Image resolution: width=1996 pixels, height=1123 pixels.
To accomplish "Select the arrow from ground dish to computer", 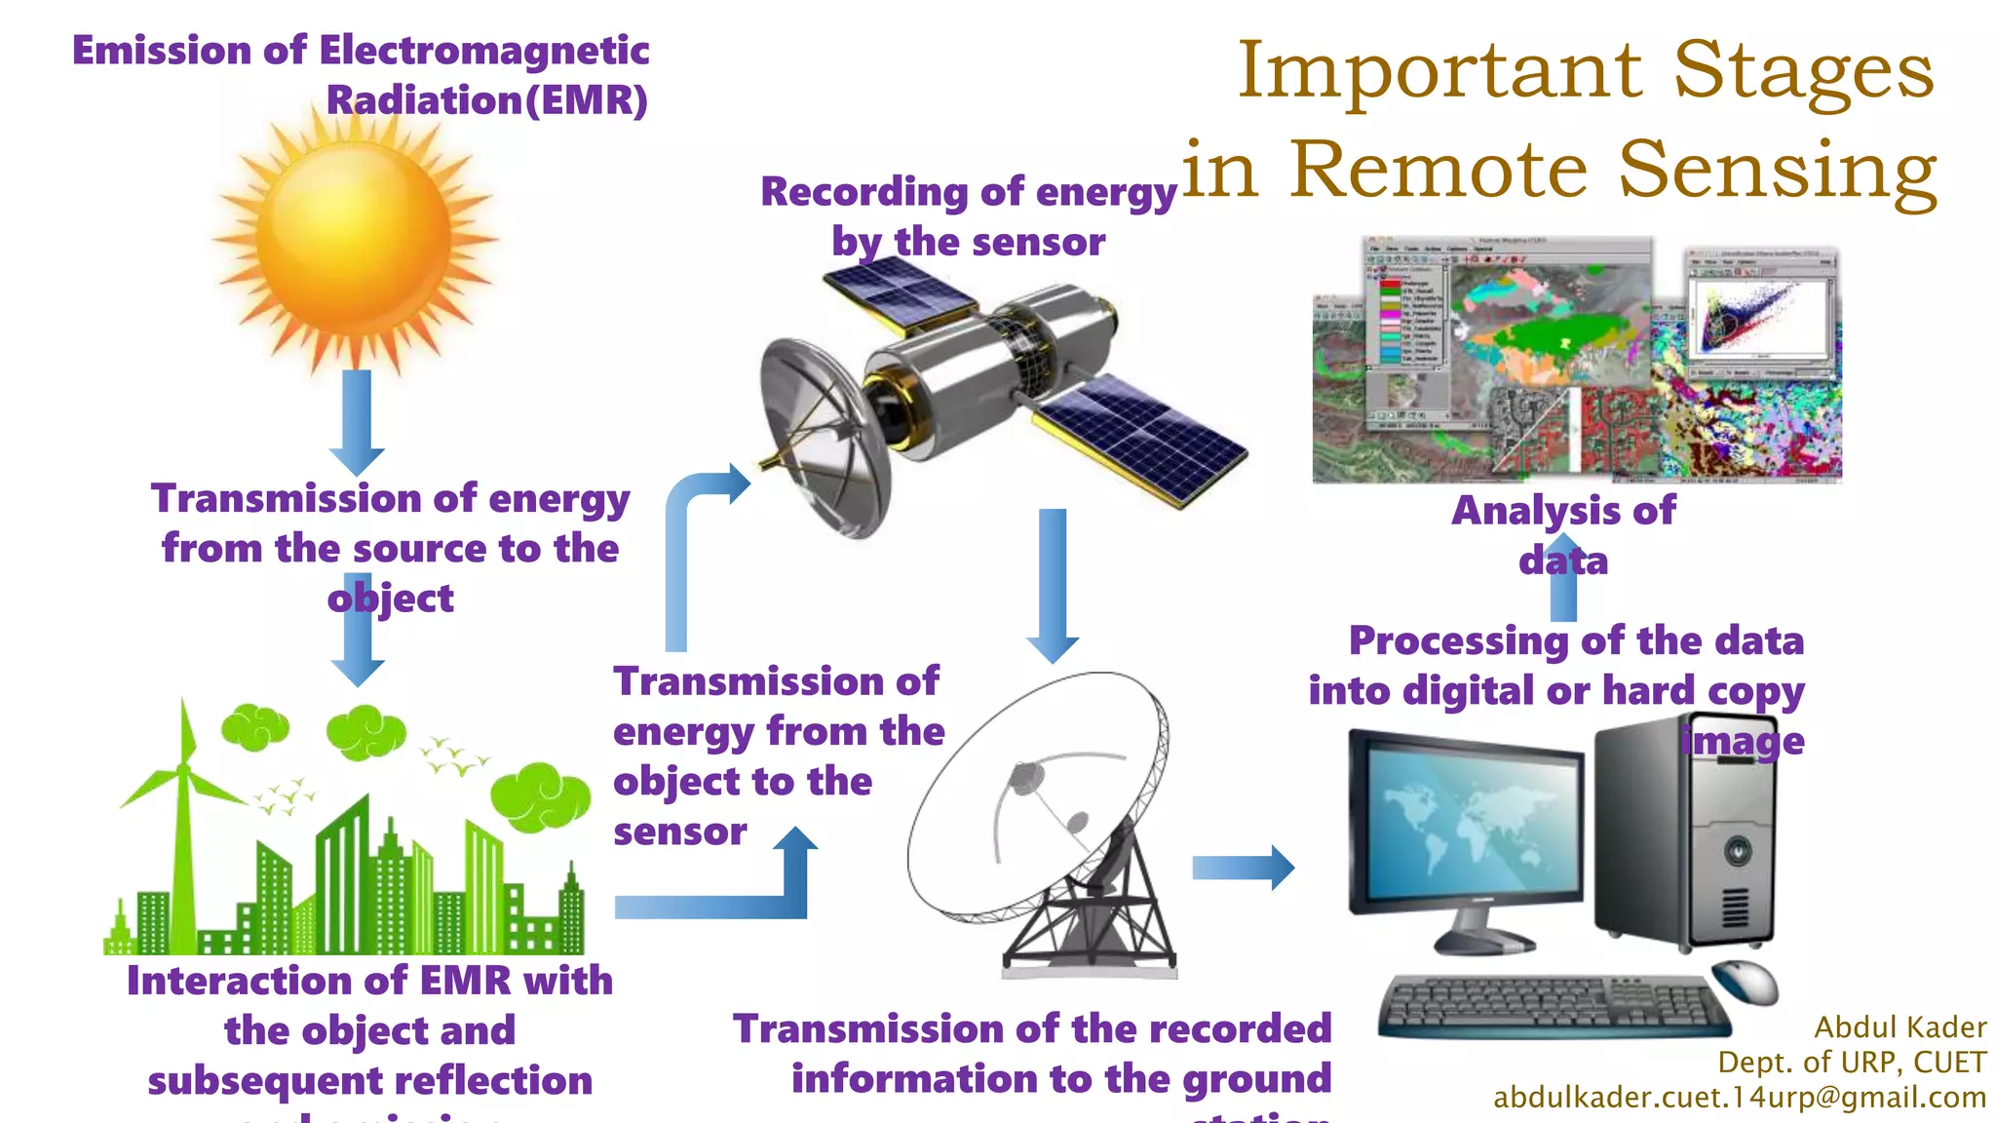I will click(x=1243, y=867).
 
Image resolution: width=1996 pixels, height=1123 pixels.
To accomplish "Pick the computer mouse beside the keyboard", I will click(x=1746, y=980).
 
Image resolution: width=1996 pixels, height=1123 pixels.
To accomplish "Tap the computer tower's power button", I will click(x=1737, y=849).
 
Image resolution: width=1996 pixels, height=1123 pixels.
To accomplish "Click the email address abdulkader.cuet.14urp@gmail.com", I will click(x=1739, y=1098).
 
